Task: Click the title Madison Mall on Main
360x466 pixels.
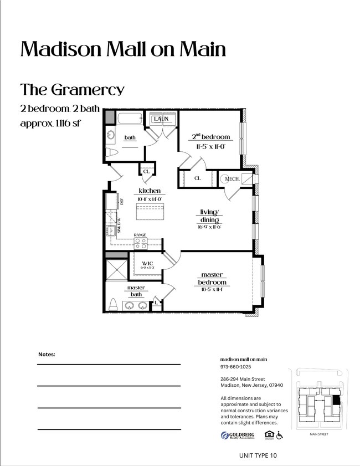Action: (123, 49)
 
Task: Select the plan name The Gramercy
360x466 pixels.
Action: (72, 89)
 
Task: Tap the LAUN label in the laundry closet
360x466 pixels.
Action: (161, 119)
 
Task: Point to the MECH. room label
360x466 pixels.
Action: (231, 179)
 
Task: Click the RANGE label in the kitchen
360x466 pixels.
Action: (140, 235)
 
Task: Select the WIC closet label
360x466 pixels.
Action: (147, 263)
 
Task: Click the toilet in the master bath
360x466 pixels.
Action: (114, 305)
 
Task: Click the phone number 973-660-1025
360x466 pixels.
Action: (235, 367)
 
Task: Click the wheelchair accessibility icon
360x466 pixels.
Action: (280, 436)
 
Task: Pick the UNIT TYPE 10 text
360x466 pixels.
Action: (256, 455)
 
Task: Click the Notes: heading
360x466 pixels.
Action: (47, 354)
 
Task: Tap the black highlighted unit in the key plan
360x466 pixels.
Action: (336, 401)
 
